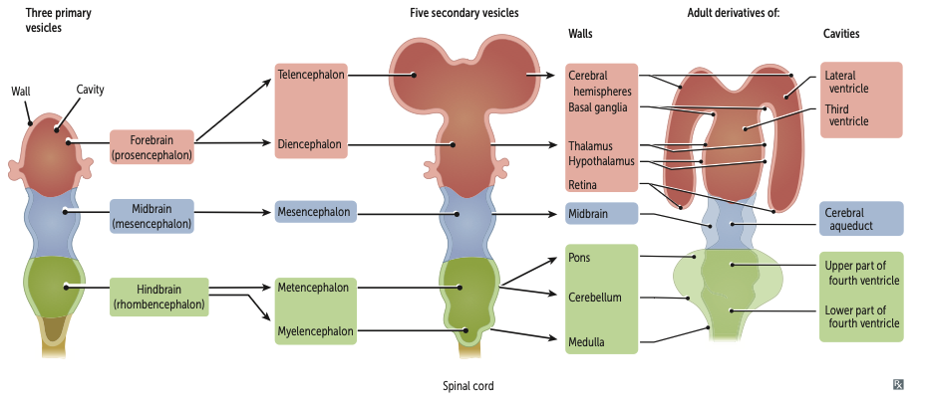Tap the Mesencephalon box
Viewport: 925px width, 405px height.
point(314,212)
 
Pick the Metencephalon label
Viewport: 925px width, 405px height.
point(313,288)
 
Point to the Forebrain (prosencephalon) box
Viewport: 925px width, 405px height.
point(153,147)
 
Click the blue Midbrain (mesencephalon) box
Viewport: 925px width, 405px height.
point(152,216)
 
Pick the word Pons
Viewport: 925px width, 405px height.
point(578,257)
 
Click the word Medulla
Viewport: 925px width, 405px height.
point(586,343)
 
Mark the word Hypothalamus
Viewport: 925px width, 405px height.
point(600,161)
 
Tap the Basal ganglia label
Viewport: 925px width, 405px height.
point(598,106)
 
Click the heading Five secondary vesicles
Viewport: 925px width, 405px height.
point(463,12)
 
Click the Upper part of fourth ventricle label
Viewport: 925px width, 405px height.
point(862,273)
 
